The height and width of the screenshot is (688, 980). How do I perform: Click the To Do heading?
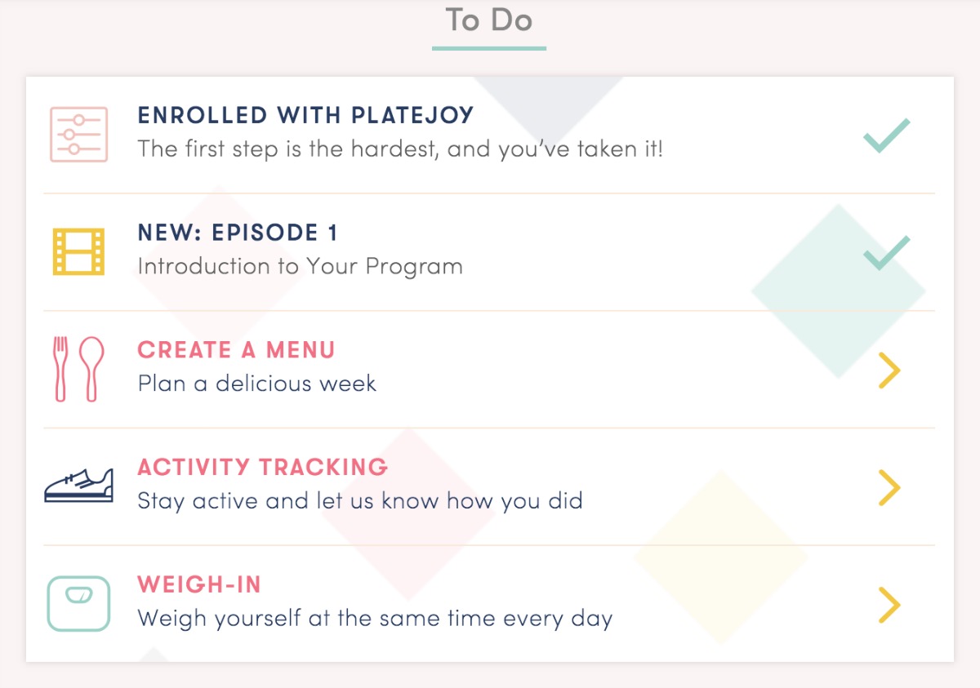(x=488, y=20)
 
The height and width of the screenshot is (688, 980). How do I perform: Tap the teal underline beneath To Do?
(x=488, y=48)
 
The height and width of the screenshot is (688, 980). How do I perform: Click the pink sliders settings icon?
(x=78, y=135)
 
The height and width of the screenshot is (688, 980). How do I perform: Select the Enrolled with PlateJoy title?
(x=305, y=115)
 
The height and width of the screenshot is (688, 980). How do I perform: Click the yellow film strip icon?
(x=78, y=251)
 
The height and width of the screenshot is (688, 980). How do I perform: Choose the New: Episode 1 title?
(x=238, y=233)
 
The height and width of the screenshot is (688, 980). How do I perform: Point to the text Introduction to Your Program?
(x=301, y=266)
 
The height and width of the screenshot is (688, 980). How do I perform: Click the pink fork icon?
(x=60, y=369)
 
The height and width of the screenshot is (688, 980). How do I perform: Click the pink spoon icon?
(x=91, y=369)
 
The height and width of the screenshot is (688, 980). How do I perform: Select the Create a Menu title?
(x=236, y=349)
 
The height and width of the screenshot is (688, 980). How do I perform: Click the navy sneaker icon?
(x=78, y=485)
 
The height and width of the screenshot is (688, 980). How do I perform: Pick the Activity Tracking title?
(x=262, y=467)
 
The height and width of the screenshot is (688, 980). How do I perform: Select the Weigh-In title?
(x=199, y=584)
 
